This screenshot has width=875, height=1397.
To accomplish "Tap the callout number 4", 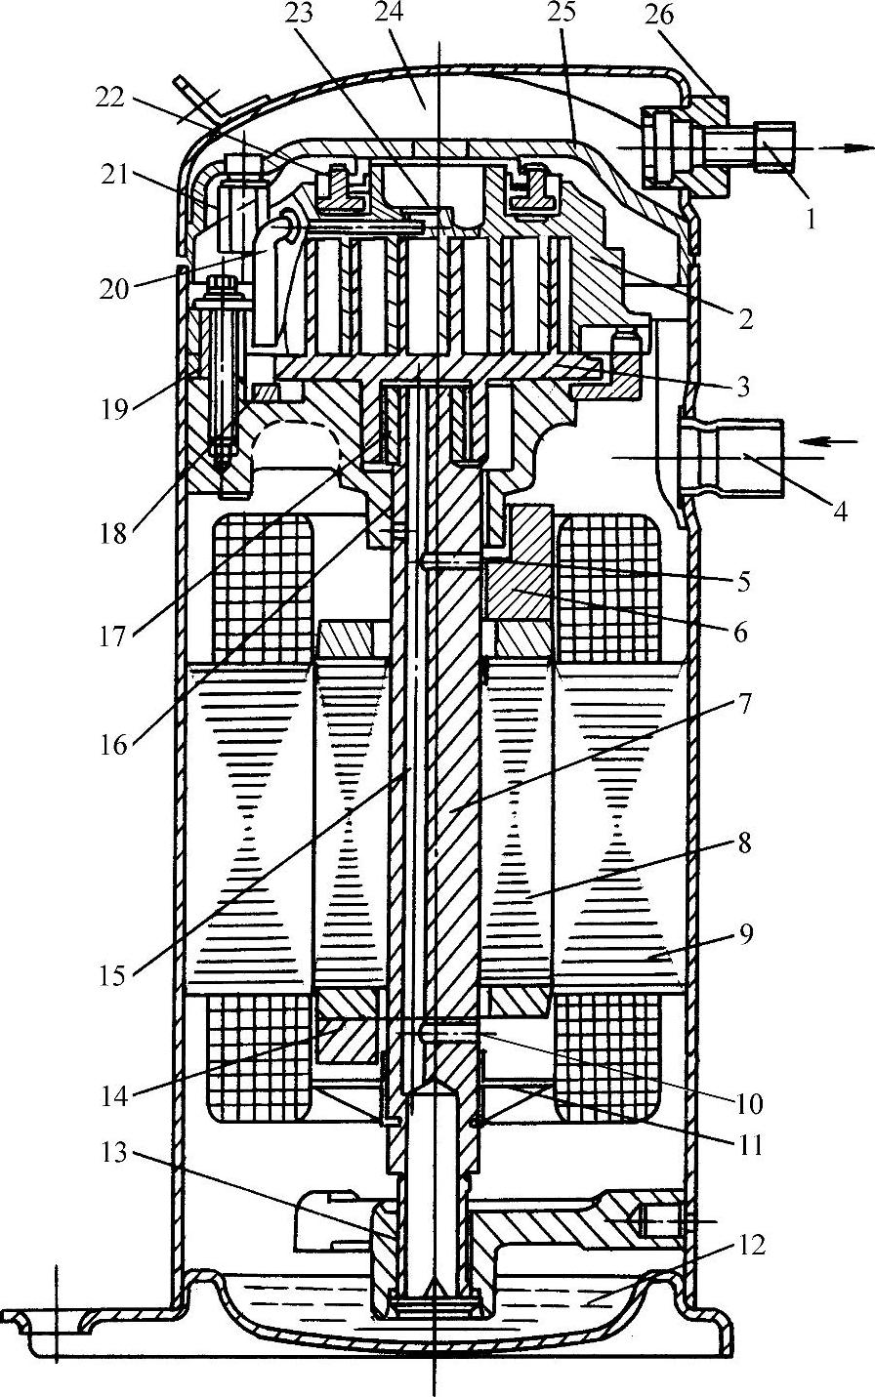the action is tap(840, 512).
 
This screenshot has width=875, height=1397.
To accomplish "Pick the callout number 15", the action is tap(113, 976).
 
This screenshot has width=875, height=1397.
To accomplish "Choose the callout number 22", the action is tap(109, 98).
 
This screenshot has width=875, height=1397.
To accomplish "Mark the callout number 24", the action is tap(391, 14).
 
